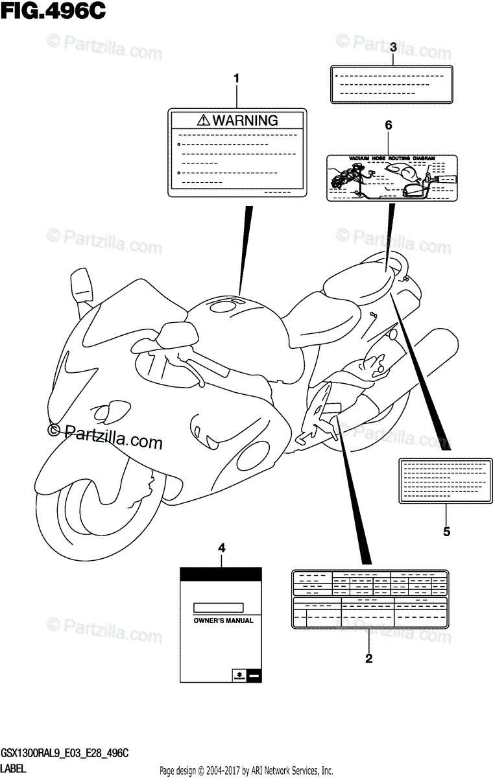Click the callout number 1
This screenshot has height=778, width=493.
pyautogui.click(x=236, y=79)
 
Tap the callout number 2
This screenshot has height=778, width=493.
pyautogui.click(x=368, y=659)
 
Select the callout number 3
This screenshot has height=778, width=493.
pyautogui.click(x=393, y=47)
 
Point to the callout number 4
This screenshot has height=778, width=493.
pyautogui.click(x=222, y=548)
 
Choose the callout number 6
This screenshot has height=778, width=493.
pyautogui.click(x=389, y=126)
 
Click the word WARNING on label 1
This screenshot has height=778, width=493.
pyautogui.click(x=245, y=120)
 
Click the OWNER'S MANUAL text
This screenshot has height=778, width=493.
pyautogui.click(x=223, y=620)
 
